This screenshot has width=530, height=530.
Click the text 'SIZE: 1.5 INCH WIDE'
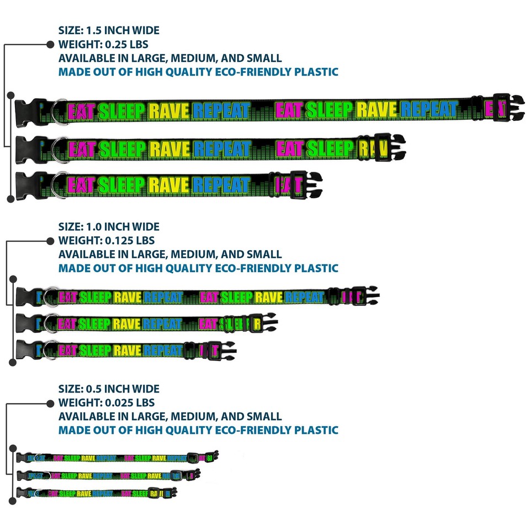[109, 30]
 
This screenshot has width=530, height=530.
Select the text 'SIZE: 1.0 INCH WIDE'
[109, 226]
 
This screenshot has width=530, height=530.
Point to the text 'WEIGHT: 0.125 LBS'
[106, 241]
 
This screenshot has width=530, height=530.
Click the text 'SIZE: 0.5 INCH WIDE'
[109, 389]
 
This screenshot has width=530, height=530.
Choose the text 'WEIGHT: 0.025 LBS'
[106, 402]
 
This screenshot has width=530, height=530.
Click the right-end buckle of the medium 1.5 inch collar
[388, 147]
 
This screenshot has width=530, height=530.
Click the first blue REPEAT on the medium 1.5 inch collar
[222, 149]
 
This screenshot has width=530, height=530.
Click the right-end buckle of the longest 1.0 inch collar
[364, 295]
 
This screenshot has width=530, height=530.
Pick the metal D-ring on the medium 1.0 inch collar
[50, 322]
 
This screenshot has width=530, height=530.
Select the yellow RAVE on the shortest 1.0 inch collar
[127, 350]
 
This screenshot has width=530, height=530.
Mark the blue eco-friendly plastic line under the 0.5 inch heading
[198, 430]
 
